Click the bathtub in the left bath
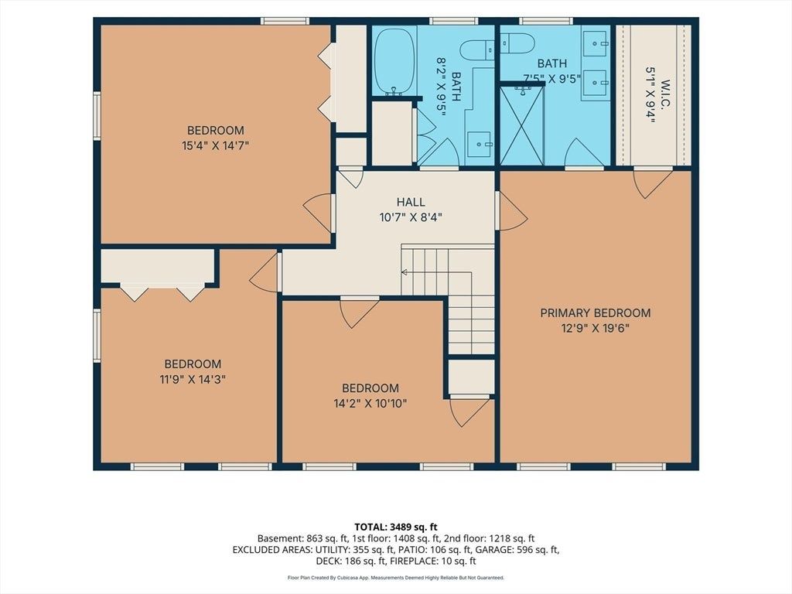(x=395, y=60)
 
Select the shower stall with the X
(x=522, y=125)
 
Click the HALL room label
(x=411, y=202)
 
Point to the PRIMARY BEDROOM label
(x=596, y=312)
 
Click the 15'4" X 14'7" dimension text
(x=216, y=146)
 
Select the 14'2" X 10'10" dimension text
(x=370, y=404)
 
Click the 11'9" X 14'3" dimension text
(x=193, y=379)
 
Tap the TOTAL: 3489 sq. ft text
(x=396, y=527)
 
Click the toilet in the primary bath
(x=517, y=43)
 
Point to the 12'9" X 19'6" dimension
(x=596, y=328)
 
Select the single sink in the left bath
(x=479, y=145)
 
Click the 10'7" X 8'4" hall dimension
(x=411, y=217)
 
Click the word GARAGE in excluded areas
(x=490, y=550)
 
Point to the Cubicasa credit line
(x=396, y=578)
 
